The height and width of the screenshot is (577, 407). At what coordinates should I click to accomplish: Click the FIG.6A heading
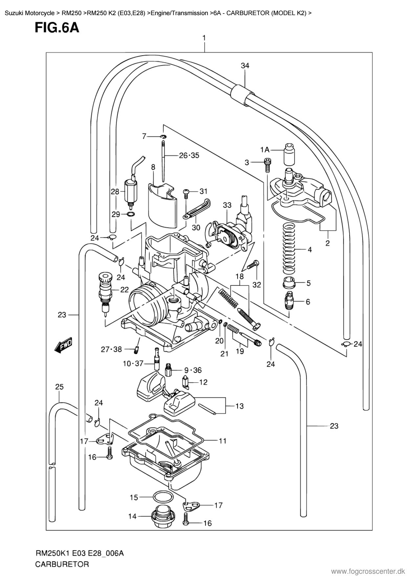tap(57, 28)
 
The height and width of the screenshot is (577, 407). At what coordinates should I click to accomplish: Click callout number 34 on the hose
tap(245, 66)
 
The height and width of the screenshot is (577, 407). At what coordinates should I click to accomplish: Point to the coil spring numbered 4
tap(289, 247)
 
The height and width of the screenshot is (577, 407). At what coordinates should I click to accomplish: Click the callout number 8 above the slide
tap(153, 167)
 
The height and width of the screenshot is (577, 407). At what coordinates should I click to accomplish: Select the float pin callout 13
tap(240, 406)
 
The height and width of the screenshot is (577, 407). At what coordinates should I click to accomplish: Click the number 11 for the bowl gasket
tap(223, 441)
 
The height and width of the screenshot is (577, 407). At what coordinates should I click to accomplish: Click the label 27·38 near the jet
tap(111, 349)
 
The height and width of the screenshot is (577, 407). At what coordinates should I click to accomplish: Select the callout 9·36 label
tap(193, 370)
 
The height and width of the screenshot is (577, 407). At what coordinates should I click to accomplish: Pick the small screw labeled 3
tap(268, 163)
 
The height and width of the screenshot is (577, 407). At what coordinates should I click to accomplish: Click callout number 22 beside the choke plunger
tap(124, 290)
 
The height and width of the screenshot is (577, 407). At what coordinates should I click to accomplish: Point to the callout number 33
tap(227, 205)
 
